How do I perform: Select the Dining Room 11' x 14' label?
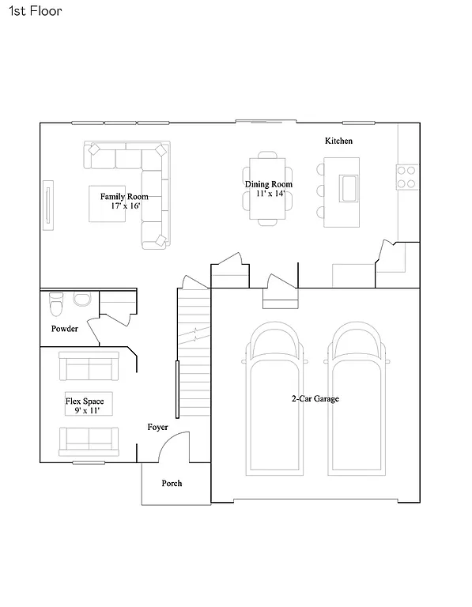click(268, 189)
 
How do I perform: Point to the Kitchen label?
click(338, 141)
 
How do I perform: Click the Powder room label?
click(65, 329)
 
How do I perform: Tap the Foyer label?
click(157, 427)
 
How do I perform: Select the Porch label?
click(172, 483)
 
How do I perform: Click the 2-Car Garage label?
click(315, 399)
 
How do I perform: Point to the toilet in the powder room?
click(55, 301)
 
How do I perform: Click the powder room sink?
click(81, 299)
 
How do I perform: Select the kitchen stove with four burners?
click(406, 176)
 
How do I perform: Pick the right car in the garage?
click(357, 399)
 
